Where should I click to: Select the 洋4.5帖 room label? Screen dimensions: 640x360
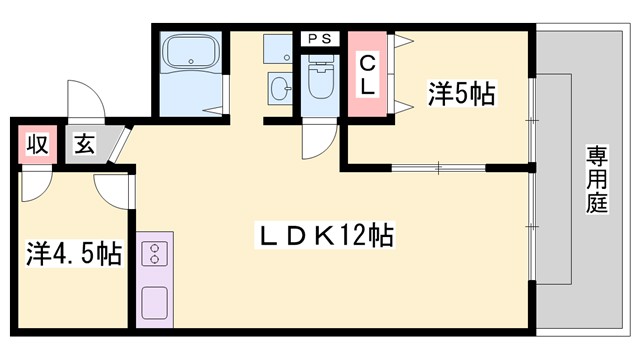point(73,253)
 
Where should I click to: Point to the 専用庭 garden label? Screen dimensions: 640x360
point(597,181)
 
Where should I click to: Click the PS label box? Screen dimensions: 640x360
point(321,39)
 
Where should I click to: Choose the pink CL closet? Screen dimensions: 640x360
point(367,73)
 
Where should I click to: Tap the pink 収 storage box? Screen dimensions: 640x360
point(36,143)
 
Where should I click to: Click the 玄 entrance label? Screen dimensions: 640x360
point(84,143)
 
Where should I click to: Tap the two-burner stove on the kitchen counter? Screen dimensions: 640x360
point(155,256)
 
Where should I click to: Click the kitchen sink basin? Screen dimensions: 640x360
point(155,300)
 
